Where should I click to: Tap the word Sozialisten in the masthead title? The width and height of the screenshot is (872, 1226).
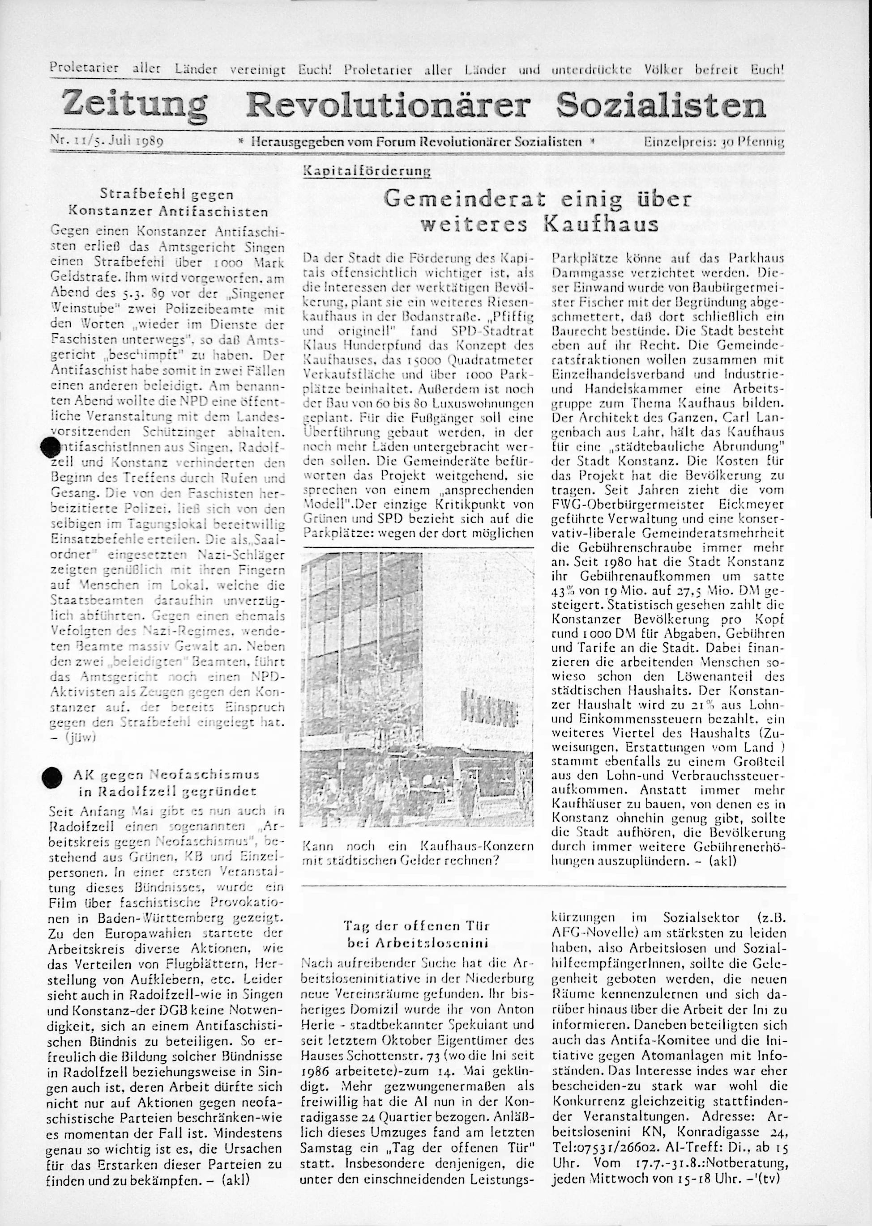661,105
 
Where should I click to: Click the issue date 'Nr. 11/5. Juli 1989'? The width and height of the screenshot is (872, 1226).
107,142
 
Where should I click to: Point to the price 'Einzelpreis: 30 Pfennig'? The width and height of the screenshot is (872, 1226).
714,142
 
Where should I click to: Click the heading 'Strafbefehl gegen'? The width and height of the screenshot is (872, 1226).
167,195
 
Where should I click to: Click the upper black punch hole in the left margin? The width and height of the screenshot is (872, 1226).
51,446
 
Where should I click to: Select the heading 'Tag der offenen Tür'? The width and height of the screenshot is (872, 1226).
417,926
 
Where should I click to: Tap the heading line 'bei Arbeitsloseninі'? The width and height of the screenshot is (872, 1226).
417,943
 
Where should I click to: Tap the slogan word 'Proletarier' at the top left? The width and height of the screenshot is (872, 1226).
83,69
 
